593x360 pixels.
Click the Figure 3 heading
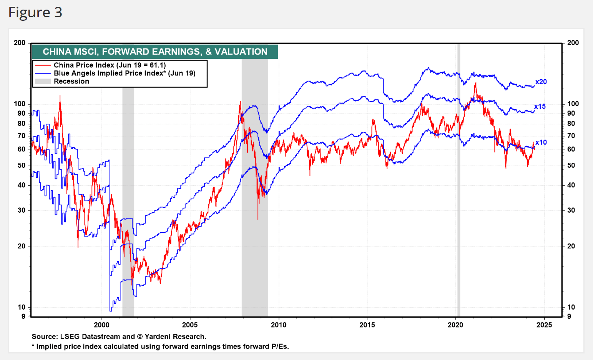point(35,13)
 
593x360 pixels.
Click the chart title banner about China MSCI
point(155,52)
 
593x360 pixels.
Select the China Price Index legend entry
point(110,65)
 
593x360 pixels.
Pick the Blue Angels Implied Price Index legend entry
point(124,73)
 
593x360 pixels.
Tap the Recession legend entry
point(71,81)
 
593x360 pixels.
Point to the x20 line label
point(541,82)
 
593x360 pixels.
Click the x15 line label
point(540,107)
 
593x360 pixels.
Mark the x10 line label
point(541,142)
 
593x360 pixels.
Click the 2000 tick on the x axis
point(101,325)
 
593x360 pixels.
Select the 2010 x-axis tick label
point(279,325)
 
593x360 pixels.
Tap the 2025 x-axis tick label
point(544,325)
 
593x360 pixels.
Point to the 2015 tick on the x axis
point(367,325)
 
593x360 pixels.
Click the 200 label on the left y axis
point(20,43)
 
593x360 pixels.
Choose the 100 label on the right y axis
point(573,103)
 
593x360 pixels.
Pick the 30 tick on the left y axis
point(22,210)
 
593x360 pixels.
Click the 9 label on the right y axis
point(569,316)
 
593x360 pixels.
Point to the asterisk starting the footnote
point(33,346)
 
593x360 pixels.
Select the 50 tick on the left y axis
point(22,165)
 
